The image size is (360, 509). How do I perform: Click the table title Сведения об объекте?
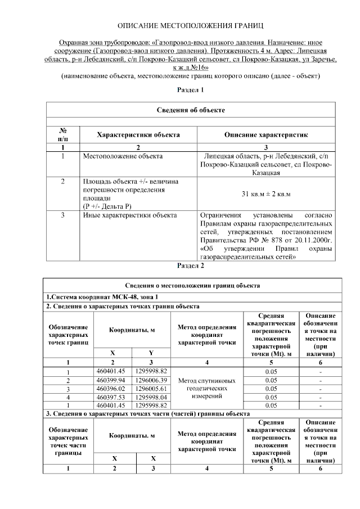pyautogui.click(x=191, y=110)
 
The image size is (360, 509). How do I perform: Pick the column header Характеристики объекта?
pyautogui.click(x=138, y=135)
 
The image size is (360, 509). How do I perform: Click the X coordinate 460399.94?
pyautogui.click(x=113, y=380)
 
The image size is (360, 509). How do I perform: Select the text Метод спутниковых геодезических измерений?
pyautogui.click(x=206, y=388)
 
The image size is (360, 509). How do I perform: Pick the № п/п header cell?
pyautogui.click(x=63, y=134)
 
